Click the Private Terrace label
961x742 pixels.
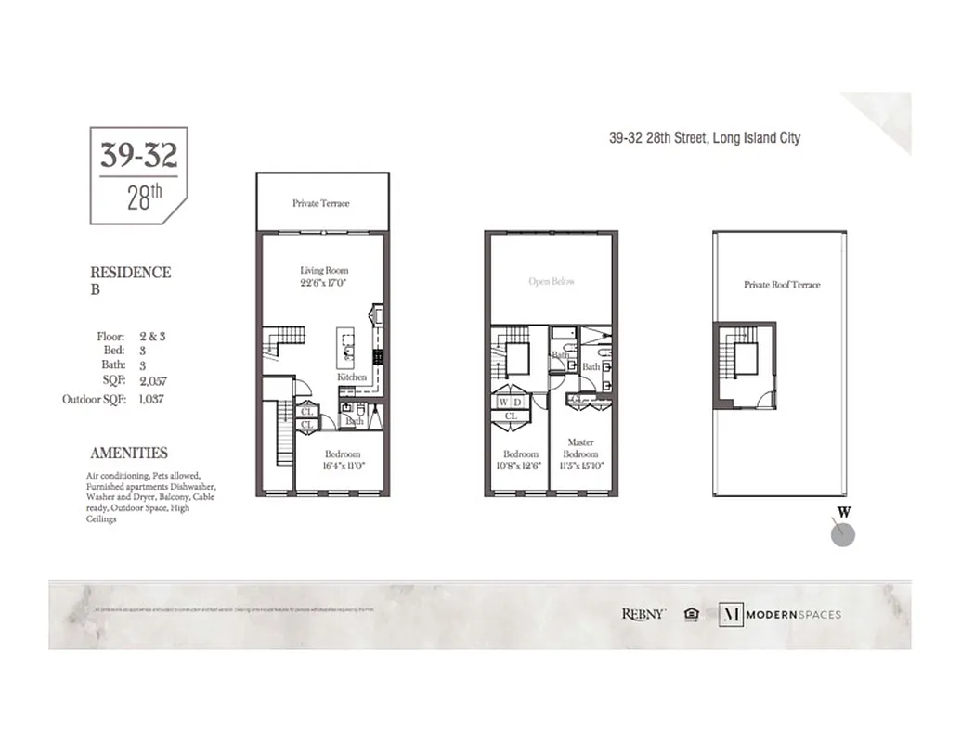coord(321,203)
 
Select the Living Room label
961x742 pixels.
coord(324,271)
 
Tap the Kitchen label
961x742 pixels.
coord(352,377)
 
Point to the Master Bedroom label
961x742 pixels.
coord(581,449)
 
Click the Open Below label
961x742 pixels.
coord(552,281)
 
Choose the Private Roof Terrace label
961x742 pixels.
coord(782,285)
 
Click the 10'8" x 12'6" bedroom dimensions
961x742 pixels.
coord(520,466)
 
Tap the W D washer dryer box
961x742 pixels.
coord(510,403)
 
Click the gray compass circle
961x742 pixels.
coord(842,534)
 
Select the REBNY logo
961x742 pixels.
coord(643,614)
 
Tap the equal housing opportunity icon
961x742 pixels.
coord(691,614)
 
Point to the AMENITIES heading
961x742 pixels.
coord(129,454)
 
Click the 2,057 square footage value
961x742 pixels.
coord(153,381)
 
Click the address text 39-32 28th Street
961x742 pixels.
coord(704,138)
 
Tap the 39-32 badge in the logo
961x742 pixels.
coord(138,156)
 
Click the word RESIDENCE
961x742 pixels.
coord(130,273)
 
